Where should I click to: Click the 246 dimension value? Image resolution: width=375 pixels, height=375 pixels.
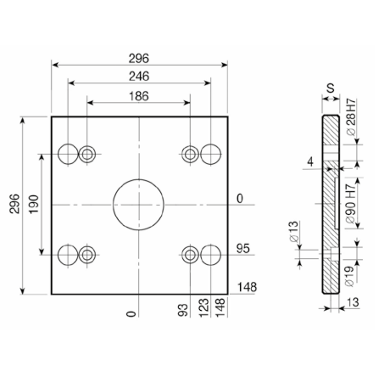point(139,76)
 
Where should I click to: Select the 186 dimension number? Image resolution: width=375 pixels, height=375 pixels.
point(139,96)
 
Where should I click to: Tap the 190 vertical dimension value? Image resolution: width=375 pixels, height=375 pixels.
point(34,204)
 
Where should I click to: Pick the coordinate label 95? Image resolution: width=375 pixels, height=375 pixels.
point(243,248)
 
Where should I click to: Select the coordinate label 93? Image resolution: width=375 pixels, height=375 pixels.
point(183,310)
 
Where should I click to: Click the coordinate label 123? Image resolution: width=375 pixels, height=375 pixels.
point(204,308)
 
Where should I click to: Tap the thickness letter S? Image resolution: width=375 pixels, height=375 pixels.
point(330,88)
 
